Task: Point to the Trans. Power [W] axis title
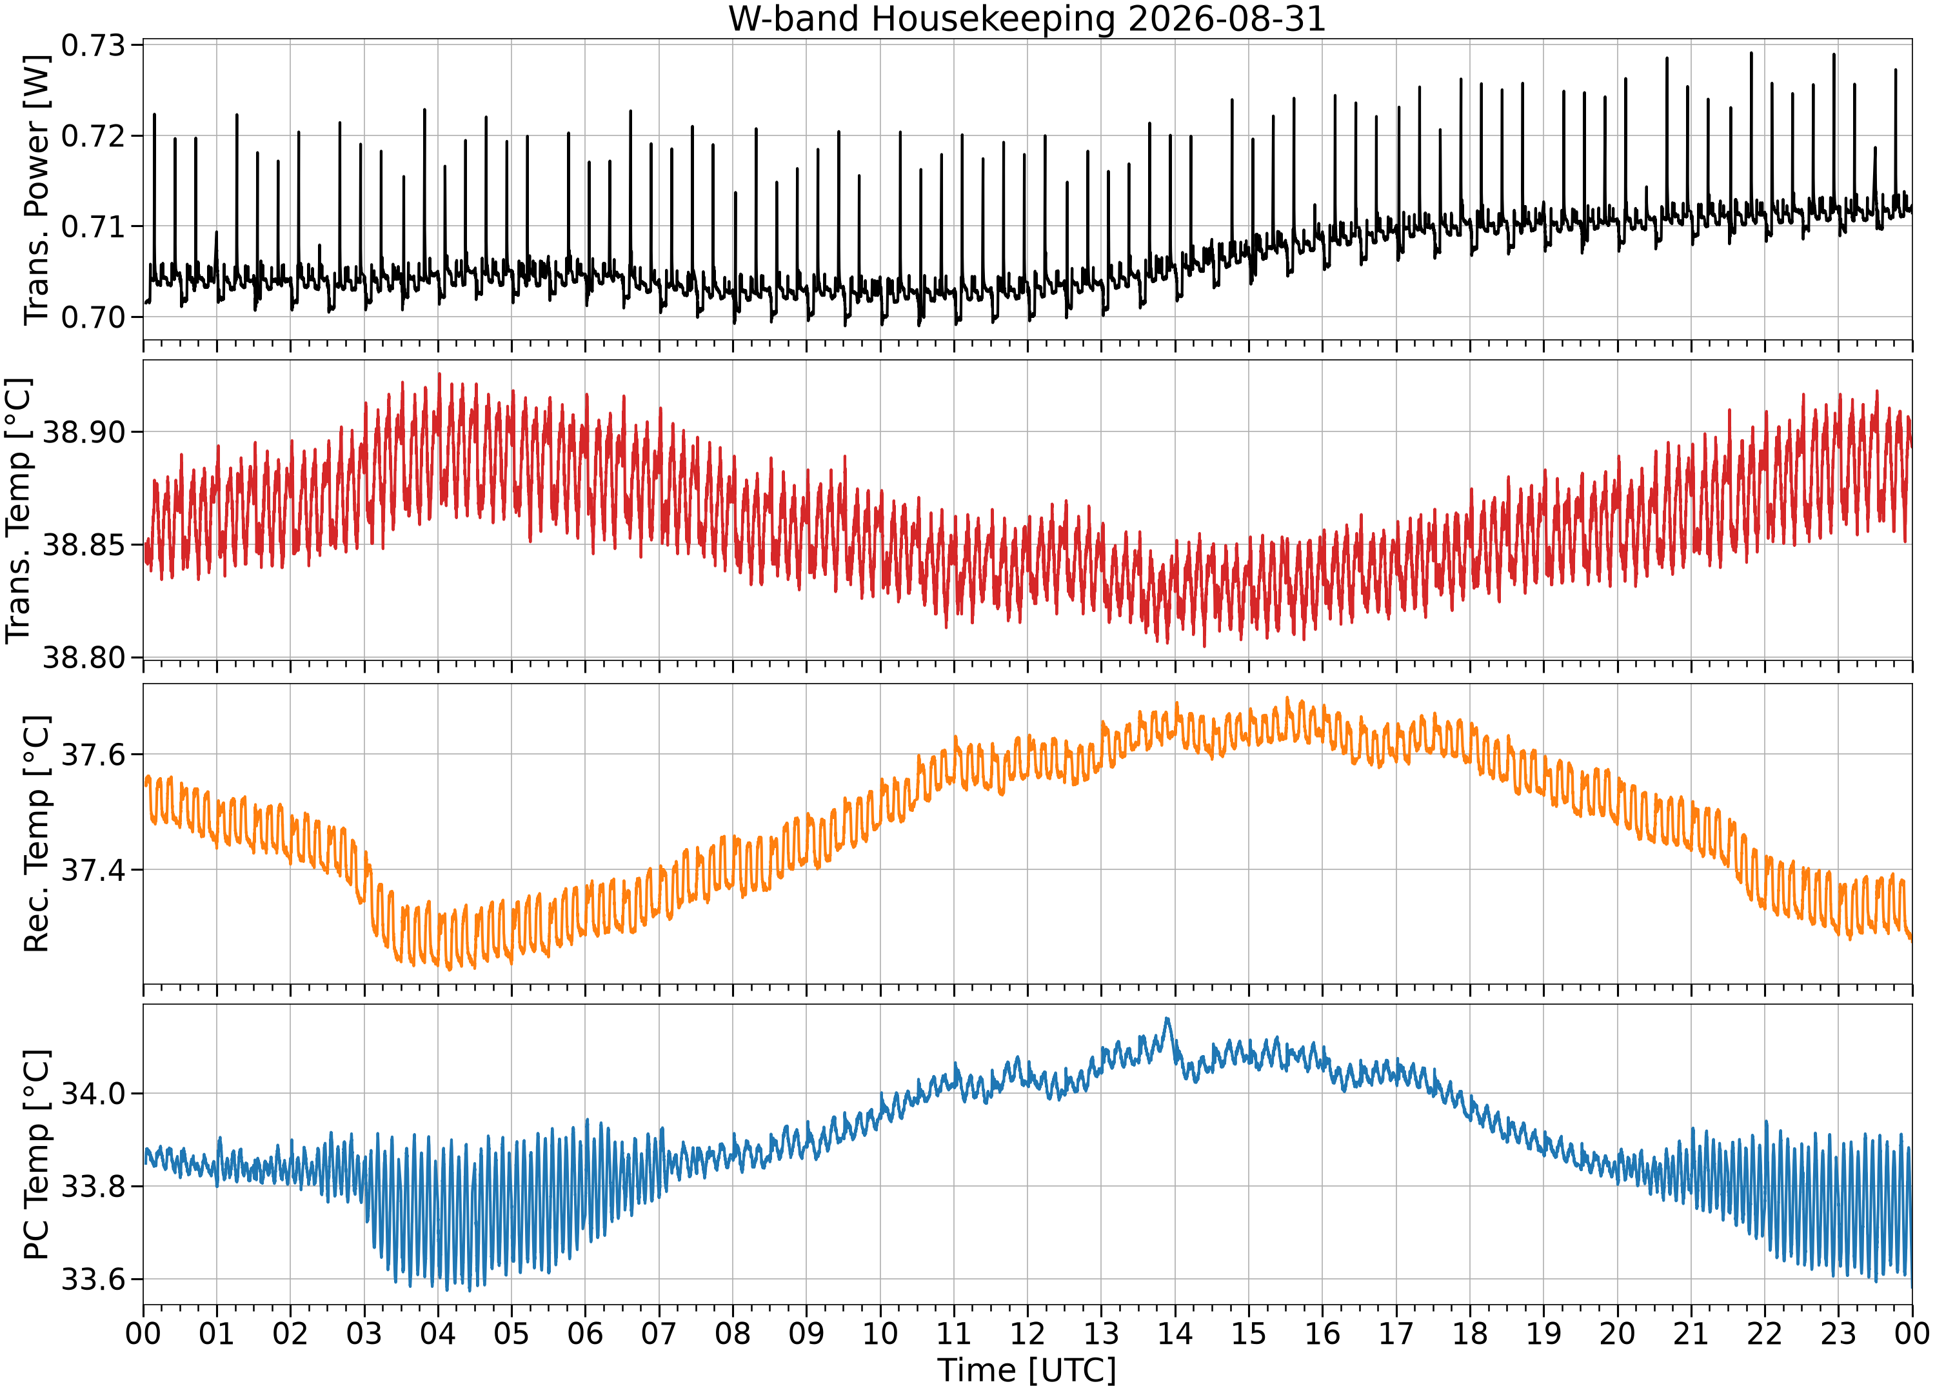(x=36, y=190)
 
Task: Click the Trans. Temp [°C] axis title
(x=19, y=510)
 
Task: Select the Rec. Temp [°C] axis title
(x=36, y=833)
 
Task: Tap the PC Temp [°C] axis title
(x=36, y=1155)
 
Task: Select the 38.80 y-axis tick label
(x=84, y=658)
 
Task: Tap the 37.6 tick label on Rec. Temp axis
(x=93, y=754)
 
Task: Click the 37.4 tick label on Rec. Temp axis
(x=93, y=869)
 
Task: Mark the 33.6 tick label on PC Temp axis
(x=93, y=1279)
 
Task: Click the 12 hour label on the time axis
(x=1027, y=1333)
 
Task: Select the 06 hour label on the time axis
(x=585, y=1333)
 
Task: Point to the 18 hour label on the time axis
(x=1470, y=1333)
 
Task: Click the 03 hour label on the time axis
(x=364, y=1333)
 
